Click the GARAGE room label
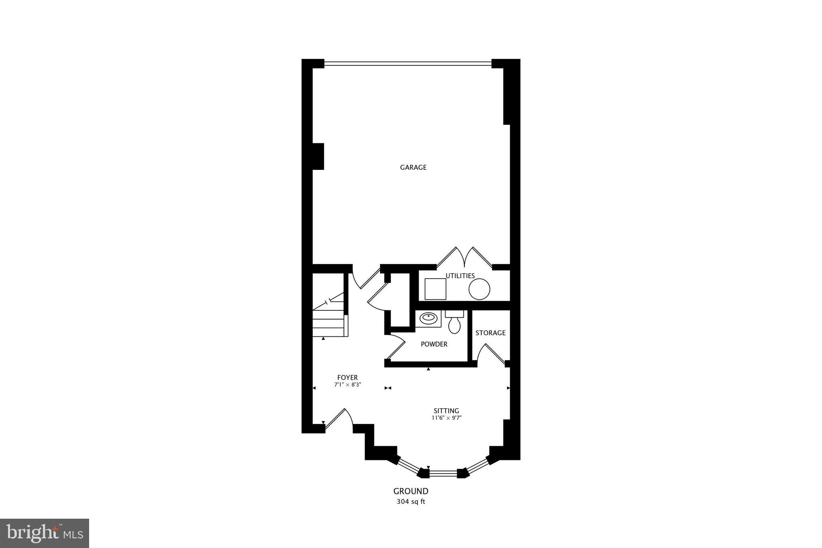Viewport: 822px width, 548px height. tap(413, 167)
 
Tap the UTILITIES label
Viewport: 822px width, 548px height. tap(460, 276)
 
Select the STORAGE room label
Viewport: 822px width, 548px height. tap(490, 333)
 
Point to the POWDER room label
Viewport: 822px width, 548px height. tap(434, 344)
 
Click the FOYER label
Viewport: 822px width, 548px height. tap(347, 377)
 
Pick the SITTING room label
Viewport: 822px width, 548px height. tap(446, 411)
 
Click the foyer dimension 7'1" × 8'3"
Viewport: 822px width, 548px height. tap(348, 385)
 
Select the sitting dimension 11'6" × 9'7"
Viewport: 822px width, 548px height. tap(447, 418)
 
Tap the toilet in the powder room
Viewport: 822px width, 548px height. tap(454, 324)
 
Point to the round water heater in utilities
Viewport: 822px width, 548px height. tap(479, 289)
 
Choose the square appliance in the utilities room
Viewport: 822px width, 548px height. tap(435, 289)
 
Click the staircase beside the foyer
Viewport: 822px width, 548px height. tap(329, 319)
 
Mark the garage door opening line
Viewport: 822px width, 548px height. tap(407, 63)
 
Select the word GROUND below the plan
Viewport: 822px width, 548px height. tap(411, 491)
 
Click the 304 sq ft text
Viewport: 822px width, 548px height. tap(411, 501)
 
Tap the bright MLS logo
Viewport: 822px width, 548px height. tap(45, 533)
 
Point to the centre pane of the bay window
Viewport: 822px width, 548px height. tap(443, 473)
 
